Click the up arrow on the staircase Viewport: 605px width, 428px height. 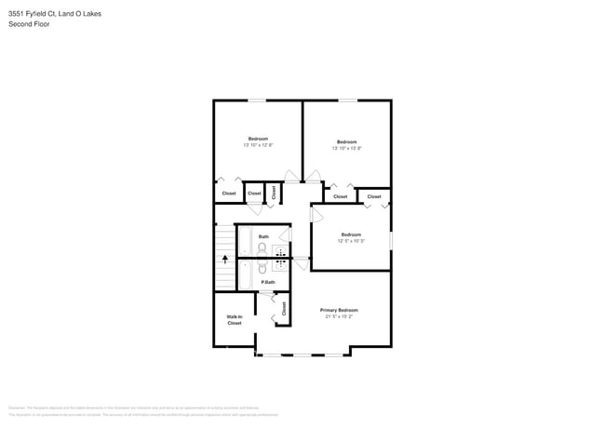pyautogui.click(x=224, y=261)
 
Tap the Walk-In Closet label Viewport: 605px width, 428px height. pyautogui.click(x=235, y=320)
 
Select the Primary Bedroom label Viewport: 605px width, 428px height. pyautogui.click(x=339, y=310)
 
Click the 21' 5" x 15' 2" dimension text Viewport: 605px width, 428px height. pyautogui.click(x=339, y=317)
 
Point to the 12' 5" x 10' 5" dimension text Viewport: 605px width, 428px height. pyautogui.click(x=351, y=241)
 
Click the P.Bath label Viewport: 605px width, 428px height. pyautogui.click(x=267, y=282)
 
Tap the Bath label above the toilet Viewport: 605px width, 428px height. pyautogui.click(x=263, y=236)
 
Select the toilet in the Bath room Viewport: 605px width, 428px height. pyautogui.click(x=262, y=248)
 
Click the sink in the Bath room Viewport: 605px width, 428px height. pyautogui.click(x=281, y=249)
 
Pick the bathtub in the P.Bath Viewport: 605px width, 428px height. pyautogui.click(x=246, y=274)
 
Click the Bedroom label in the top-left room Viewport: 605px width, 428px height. pyautogui.click(x=258, y=139)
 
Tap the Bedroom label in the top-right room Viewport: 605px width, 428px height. pyautogui.click(x=347, y=141)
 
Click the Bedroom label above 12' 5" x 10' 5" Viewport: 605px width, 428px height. pyautogui.click(x=351, y=234)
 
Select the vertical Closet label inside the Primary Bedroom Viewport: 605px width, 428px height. pyautogui.click(x=284, y=308)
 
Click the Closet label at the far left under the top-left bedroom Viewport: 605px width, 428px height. pyautogui.click(x=229, y=194)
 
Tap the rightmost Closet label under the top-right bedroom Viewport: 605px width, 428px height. pyautogui.click(x=374, y=196)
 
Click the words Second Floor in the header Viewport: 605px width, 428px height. pyautogui.click(x=30, y=24)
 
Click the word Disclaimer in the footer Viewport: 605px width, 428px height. pyautogui.click(x=17, y=408)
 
